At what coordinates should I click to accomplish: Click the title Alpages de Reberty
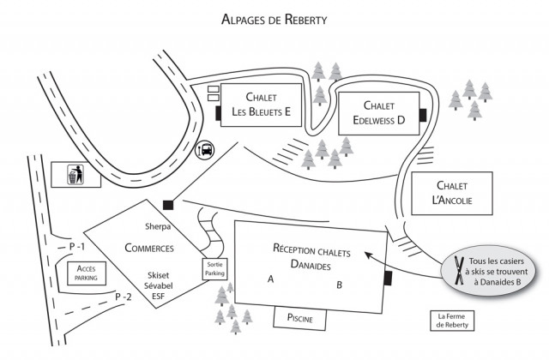tap(274, 20)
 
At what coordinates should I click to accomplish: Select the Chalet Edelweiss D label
tap(377, 113)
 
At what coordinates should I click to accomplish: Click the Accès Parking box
tap(85, 273)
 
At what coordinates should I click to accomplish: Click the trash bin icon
tap(75, 176)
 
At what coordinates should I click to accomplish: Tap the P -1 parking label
tap(79, 247)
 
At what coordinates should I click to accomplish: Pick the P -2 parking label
tap(124, 297)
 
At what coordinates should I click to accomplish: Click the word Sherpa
tap(159, 227)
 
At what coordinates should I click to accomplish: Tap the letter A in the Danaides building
tap(270, 279)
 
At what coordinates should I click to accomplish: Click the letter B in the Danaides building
tap(339, 285)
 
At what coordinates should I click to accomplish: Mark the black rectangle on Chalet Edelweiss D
tap(421, 115)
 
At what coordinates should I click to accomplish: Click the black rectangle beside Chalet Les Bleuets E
tap(218, 112)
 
